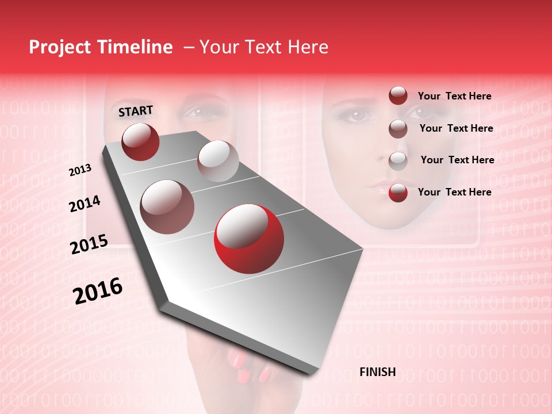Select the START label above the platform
pyautogui.click(x=136, y=110)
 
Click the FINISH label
pyautogui.click(x=377, y=372)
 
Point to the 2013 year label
pyautogui.click(x=80, y=170)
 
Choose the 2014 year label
pyautogui.click(x=85, y=204)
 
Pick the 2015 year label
pyautogui.click(x=89, y=244)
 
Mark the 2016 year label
pyautogui.click(x=97, y=290)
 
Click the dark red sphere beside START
pyautogui.click(x=140, y=141)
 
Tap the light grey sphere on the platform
pyautogui.click(x=217, y=160)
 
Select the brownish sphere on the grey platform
pyautogui.click(x=167, y=206)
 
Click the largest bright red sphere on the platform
pyautogui.click(x=248, y=239)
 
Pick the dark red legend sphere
pyautogui.click(x=398, y=96)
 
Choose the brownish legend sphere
pyautogui.click(x=398, y=129)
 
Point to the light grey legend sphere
pyautogui.click(x=398, y=160)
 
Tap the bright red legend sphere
pyautogui.click(x=398, y=193)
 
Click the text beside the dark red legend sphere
pyautogui.click(x=454, y=97)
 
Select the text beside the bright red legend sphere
pyautogui.click(x=454, y=192)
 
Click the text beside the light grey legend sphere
pyautogui.click(x=457, y=160)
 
